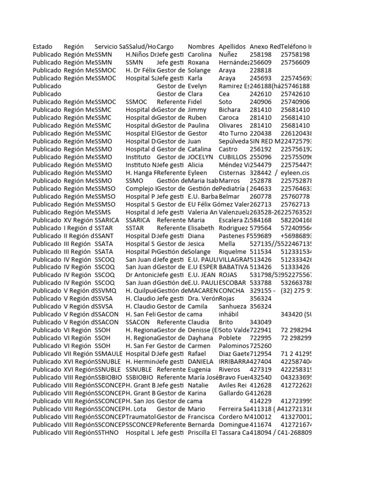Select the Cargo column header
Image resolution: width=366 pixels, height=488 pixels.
pos(165,47)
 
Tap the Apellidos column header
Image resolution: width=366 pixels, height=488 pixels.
pos(232,47)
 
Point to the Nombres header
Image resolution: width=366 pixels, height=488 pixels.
pos(201,47)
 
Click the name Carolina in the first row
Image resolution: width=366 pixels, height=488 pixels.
pos(199,55)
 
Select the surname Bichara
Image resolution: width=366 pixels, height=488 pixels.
pos(230,110)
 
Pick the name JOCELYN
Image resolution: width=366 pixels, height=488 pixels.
pos(200,157)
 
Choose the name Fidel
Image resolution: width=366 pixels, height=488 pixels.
pos(195,102)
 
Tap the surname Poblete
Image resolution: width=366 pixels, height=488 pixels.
pos(230,338)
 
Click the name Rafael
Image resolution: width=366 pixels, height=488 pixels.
pos(197,354)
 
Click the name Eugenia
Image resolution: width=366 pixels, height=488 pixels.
pos(199,370)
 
